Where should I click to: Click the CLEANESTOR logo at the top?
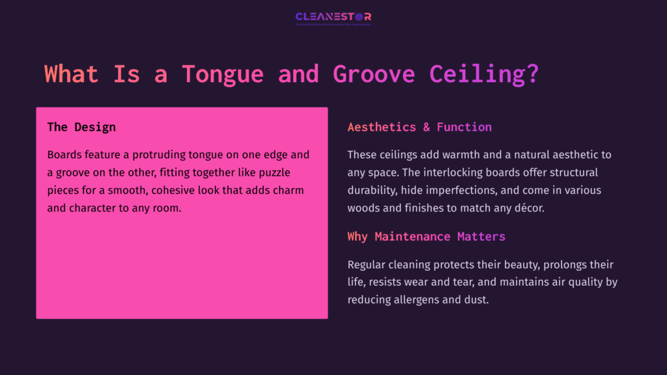point(333,17)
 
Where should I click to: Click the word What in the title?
point(71,74)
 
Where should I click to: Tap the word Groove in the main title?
point(373,74)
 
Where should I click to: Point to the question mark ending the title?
point(532,74)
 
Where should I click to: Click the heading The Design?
point(81,127)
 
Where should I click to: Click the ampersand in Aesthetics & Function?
point(426,127)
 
